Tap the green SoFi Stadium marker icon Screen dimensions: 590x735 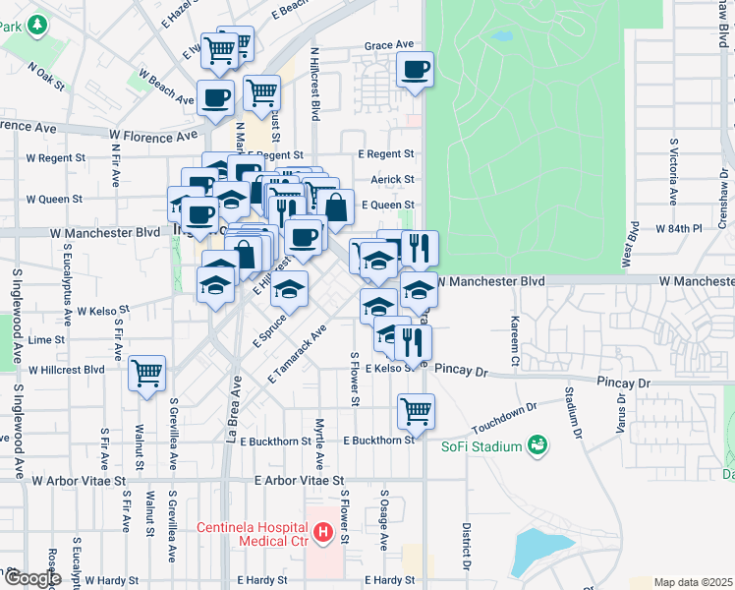tap(537, 447)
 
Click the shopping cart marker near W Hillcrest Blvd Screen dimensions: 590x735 tap(147, 375)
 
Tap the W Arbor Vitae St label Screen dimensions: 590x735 tap(80, 482)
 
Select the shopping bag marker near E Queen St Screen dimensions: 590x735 tap(336, 207)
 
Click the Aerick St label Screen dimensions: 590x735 tap(392, 179)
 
